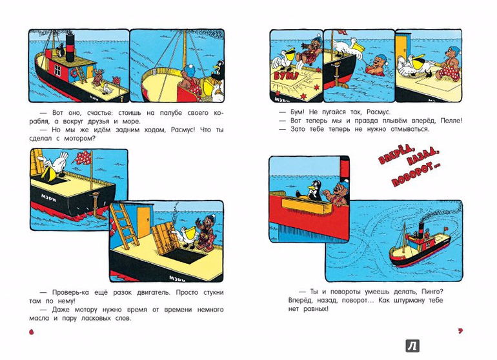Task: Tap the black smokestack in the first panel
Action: (70, 48)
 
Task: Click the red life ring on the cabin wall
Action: (74, 73)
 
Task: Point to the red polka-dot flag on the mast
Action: (84, 157)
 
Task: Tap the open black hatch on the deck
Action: (181, 255)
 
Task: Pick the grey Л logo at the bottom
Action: (412, 346)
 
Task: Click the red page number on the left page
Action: (31, 332)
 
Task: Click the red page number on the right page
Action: (460, 331)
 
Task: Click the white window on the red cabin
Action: (57, 70)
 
